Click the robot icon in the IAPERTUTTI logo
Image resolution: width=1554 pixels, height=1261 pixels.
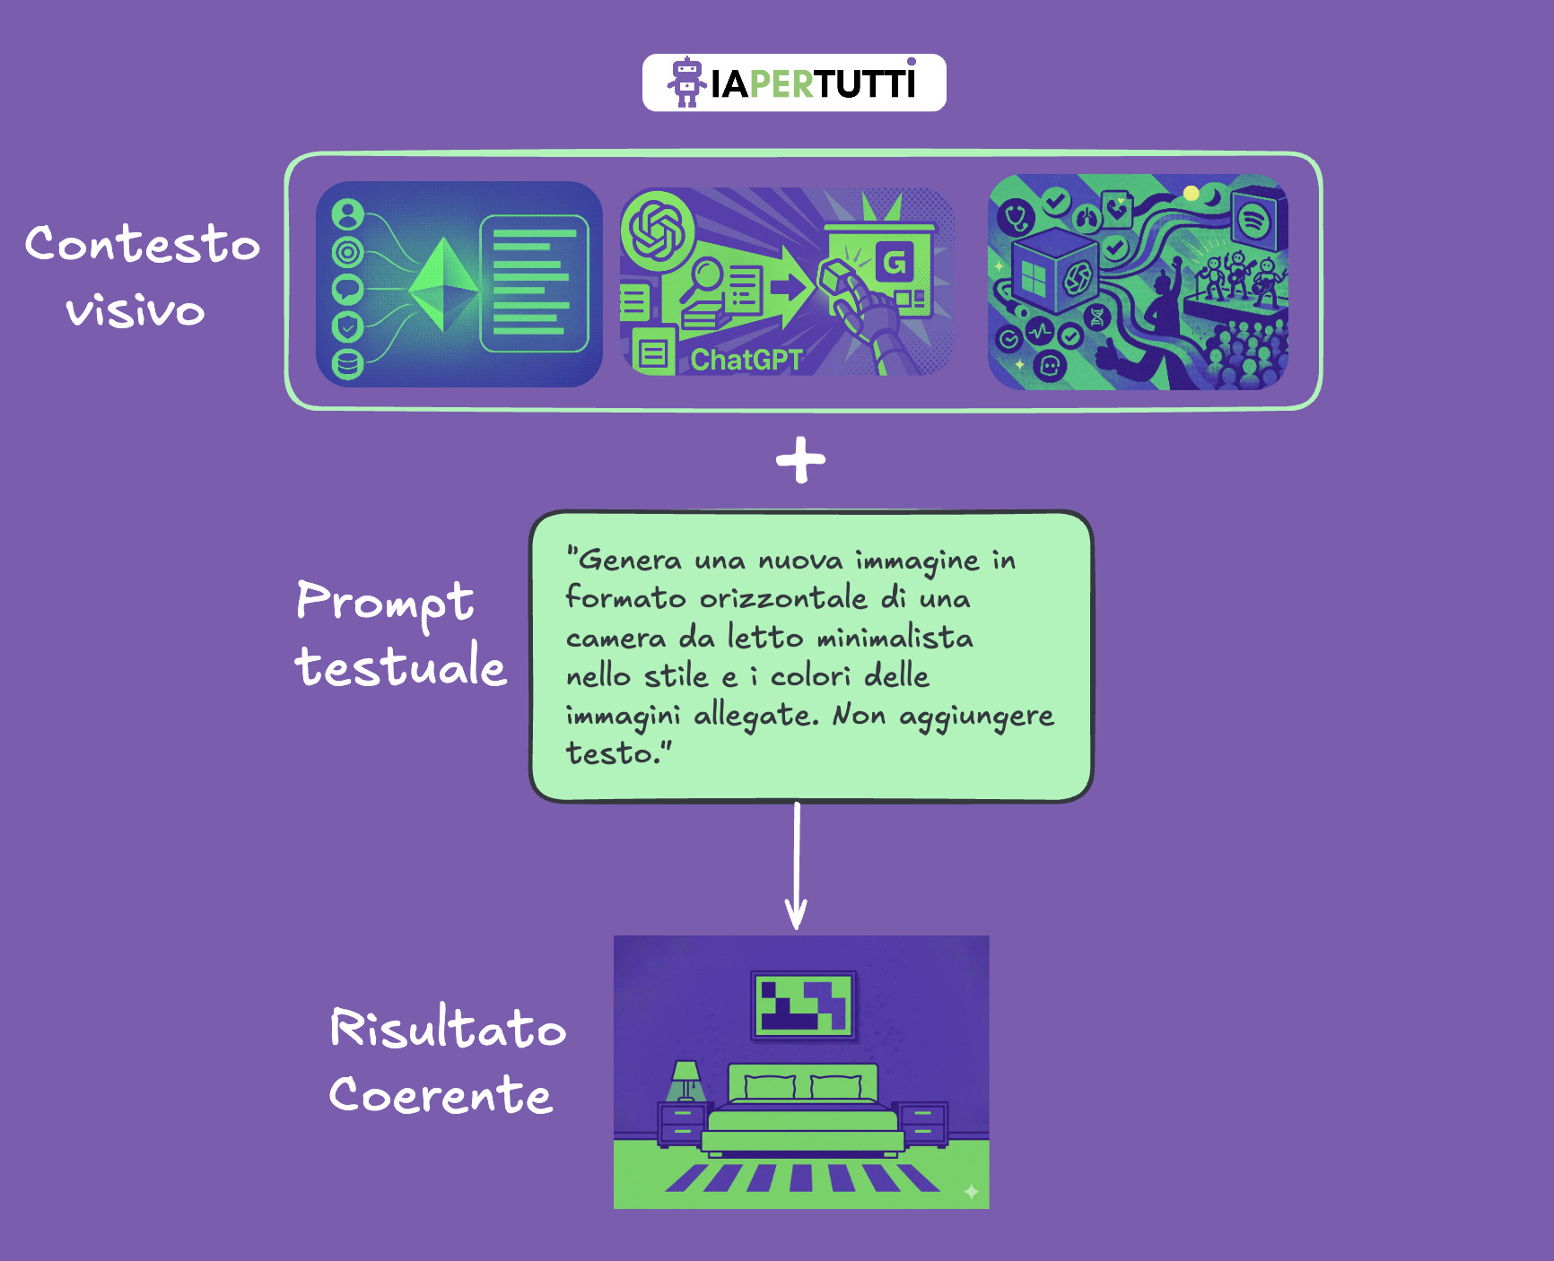[x=687, y=83]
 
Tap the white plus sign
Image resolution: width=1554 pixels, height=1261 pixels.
[x=800, y=460]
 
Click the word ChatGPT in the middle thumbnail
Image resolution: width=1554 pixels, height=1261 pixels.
[x=746, y=360]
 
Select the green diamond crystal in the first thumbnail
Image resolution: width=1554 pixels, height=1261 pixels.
[x=443, y=283]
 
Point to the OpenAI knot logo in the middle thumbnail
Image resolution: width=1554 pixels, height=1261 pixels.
[x=659, y=230]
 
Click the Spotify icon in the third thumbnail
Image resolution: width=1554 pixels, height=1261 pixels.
[x=1253, y=218]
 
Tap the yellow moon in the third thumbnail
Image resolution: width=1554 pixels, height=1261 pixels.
[x=1192, y=193]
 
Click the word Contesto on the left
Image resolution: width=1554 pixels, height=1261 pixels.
[x=142, y=244]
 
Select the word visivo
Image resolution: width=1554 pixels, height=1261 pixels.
[x=135, y=311]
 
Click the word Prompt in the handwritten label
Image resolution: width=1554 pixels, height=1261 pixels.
[x=384, y=602]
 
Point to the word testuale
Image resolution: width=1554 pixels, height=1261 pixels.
[x=400, y=667]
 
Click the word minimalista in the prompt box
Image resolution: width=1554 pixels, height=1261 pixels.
[x=895, y=638]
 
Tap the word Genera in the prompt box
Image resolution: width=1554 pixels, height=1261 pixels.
[x=629, y=560]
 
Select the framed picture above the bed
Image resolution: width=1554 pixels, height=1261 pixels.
[x=803, y=1004]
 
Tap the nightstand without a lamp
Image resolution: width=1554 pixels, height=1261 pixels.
[x=923, y=1125]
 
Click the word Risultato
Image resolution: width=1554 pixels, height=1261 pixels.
[x=448, y=1029]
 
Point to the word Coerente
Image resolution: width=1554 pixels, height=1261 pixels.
[x=441, y=1095]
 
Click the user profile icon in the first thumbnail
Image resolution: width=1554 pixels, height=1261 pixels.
[x=348, y=214]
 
